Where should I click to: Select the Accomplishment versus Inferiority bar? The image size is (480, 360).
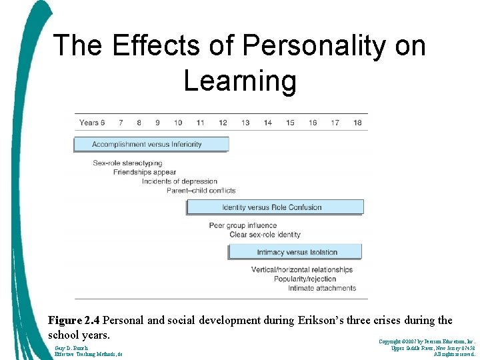(151, 144)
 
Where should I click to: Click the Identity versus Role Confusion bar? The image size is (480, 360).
(275, 207)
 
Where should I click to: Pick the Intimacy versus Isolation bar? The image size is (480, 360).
(295, 252)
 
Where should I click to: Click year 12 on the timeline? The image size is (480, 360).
(223, 123)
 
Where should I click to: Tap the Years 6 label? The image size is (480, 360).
(92, 123)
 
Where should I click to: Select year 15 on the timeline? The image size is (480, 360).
(290, 123)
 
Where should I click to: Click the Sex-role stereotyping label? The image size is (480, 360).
(127, 163)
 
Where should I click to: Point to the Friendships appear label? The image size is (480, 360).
(145, 172)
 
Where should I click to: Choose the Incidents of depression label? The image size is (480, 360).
(179, 181)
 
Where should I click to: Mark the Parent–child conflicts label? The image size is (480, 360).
(201, 190)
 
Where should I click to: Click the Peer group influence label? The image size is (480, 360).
(243, 225)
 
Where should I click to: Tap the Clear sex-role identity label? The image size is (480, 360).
(265, 235)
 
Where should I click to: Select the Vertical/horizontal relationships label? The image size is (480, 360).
(302, 270)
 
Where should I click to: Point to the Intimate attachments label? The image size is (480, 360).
(322, 288)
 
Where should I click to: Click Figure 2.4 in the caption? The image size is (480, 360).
(75, 321)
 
